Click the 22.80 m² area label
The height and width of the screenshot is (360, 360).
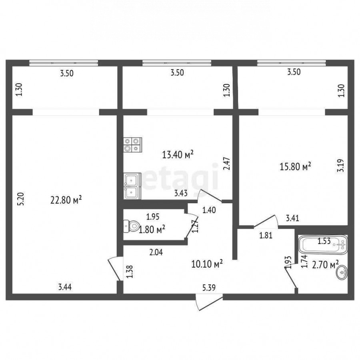coord(66,200)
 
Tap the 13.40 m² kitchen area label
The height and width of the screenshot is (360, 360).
coord(178,154)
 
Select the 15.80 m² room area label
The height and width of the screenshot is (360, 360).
coord(296,166)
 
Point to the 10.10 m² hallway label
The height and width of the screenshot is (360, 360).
coord(207,264)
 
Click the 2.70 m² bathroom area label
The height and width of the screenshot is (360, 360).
coord(325,264)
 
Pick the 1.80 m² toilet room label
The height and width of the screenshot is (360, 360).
coord(152,229)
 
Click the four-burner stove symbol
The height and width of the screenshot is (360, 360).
coord(132,145)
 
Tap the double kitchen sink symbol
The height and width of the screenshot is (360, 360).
coord(132,186)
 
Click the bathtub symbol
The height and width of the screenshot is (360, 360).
coord(322,245)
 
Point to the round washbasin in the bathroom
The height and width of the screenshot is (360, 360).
coord(342,272)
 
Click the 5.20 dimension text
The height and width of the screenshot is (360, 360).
coord(21,199)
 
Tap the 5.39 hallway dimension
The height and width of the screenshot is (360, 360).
coord(209,288)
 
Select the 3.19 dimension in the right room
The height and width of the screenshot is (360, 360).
coord(341,166)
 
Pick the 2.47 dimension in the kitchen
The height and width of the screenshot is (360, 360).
coord(227,164)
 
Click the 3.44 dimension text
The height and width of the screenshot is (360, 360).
coord(65,287)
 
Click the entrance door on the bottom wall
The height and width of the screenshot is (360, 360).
coord(209,302)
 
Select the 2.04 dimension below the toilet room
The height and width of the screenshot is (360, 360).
coord(156,252)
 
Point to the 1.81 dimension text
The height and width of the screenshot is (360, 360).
coord(266,235)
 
